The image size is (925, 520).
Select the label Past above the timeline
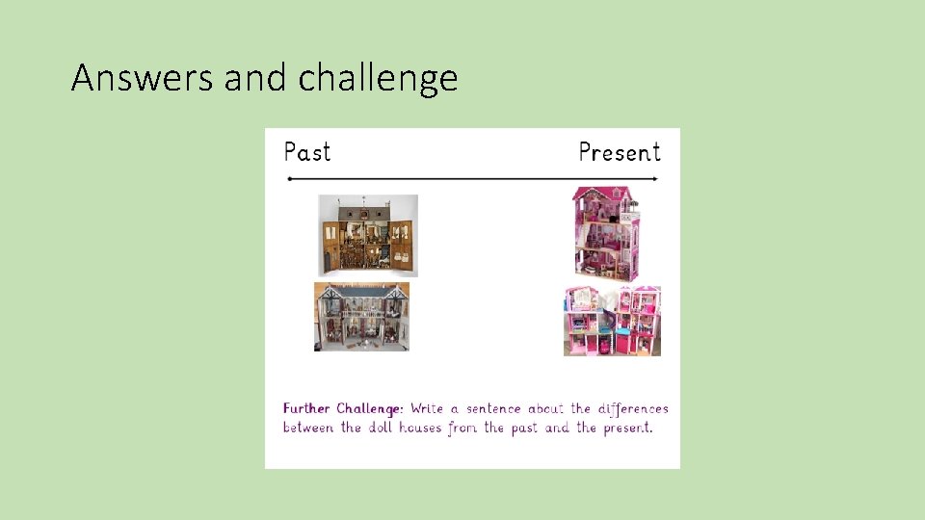[x=307, y=152]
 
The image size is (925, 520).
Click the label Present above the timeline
[x=620, y=152]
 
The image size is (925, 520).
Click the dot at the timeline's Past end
[x=289, y=179]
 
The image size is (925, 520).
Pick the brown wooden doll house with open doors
[x=368, y=235]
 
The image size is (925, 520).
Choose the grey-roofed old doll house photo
[x=361, y=317]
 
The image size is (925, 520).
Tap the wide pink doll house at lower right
[x=612, y=321]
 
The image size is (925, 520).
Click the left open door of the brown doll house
[x=330, y=247]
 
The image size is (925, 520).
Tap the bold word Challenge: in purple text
[x=371, y=408]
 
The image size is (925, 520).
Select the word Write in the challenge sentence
[x=426, y=408]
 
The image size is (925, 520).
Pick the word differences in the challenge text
[x=633, y=408]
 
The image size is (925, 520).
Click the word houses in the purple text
[x=420, y=428]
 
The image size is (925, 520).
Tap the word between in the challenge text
[x=308, y=428]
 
